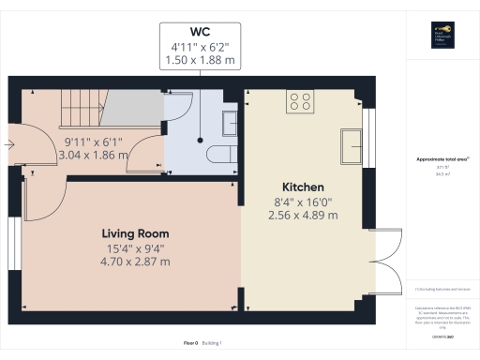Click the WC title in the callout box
click(x=200, y=33)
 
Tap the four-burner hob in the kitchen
click(x=300, y=102)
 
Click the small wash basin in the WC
click(x=231, y=120)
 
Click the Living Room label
click(x=137, y=232)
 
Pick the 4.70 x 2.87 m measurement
click(x=137, y=262)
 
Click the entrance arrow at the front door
click(x=10, y=144)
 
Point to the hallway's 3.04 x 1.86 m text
click(x=93, y=155)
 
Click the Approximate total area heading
click(x=441, y=160)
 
